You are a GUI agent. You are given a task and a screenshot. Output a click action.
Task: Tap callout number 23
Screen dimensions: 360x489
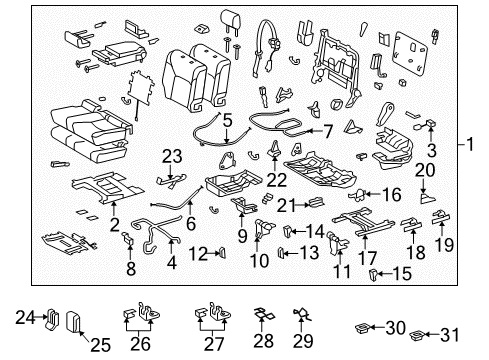[x=174, y=155]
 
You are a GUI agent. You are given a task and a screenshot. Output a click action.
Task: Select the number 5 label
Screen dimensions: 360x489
[x=228, y=120]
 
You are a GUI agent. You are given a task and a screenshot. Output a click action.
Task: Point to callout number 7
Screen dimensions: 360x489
[x=328, y=130]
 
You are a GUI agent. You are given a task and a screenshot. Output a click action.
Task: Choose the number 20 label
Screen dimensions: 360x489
[x=424, y=170]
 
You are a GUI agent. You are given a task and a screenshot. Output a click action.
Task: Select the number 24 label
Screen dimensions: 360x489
[x=25, y=318]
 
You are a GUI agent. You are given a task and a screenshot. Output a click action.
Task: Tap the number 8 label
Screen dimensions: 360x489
[x=130, y=267]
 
